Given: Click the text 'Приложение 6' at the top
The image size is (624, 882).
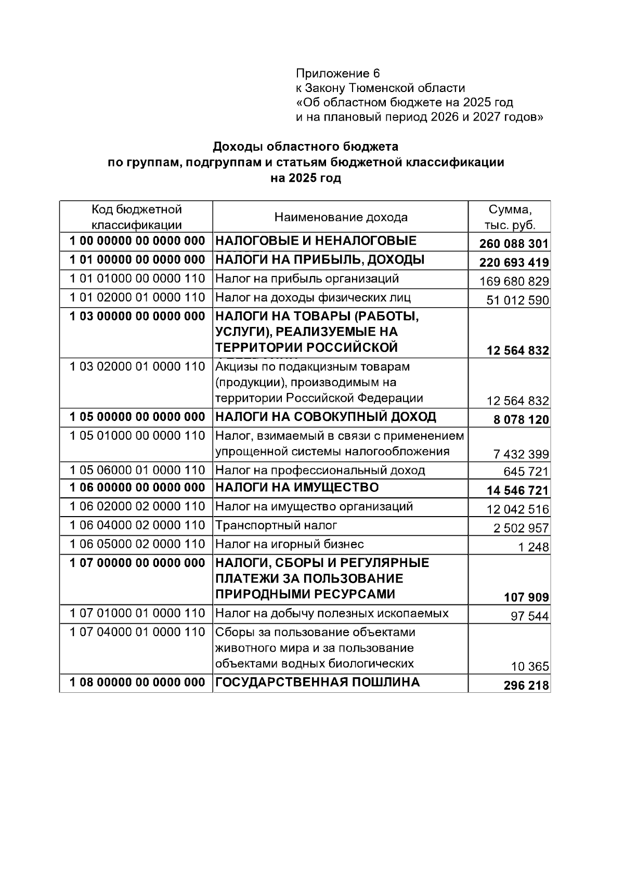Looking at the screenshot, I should point(338,73).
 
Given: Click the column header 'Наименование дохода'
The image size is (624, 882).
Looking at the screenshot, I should point(341,217).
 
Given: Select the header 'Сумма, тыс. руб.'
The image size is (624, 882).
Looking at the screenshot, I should point(510,217).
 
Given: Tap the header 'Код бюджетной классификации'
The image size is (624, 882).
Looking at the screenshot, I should point(137,217).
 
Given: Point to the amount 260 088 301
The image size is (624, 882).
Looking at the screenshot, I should point(514,244).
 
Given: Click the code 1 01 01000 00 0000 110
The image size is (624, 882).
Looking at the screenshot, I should point(137,279).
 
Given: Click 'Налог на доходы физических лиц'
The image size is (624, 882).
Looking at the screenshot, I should point(313,298).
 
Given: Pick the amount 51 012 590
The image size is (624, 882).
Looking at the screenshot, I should point(517,300).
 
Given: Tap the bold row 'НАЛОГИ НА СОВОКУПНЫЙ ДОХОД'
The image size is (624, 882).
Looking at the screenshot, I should point(326,417).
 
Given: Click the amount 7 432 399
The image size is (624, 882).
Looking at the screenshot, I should point(521,454).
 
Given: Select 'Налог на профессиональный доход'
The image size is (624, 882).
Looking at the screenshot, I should point(320,470).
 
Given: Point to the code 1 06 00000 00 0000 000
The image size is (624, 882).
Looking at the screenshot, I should point(137,488).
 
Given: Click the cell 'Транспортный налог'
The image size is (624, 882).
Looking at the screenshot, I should point(276,525).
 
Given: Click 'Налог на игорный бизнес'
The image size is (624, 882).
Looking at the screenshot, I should point(289,544).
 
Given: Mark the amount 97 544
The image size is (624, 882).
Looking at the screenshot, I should point(529,616).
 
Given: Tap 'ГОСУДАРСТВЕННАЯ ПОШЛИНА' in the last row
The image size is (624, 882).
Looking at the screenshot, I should point(317,682).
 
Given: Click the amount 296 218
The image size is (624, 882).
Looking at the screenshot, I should point(526,686).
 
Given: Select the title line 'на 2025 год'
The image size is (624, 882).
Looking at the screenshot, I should point(306,178).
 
